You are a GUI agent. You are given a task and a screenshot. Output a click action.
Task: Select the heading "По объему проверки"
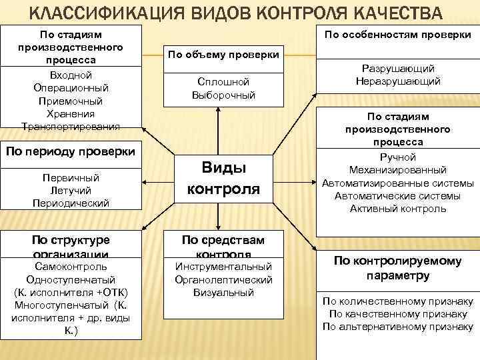pos(223,55)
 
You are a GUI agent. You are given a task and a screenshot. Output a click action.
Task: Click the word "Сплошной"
pos(223,81)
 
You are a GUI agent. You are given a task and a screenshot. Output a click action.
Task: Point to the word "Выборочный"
pos(223,95)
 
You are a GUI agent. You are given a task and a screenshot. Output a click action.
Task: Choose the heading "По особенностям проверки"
pos(397,35)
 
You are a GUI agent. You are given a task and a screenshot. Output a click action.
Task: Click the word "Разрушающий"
pos(397,69)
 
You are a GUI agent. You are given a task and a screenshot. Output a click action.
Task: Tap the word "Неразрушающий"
pos(397,81)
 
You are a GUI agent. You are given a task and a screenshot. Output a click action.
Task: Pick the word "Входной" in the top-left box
pos(70,75)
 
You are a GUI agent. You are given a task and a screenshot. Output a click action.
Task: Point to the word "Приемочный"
pos(70,101)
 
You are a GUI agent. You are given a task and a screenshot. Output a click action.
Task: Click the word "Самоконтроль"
pos(70,267)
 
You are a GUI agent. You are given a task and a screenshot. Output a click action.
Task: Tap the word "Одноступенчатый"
pos(70,279)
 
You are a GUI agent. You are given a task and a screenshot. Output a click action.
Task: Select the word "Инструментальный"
pos(223,267)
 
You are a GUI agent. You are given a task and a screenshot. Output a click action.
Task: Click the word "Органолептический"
pos(223,279)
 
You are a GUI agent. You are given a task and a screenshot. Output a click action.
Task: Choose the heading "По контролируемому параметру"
pos(397,268)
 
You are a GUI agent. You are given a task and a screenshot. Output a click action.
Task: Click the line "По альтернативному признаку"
pos(397,326)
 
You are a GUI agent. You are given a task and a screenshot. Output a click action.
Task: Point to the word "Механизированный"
pos(397,170)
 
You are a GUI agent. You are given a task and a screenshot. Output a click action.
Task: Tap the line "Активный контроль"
pos(397,209)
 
